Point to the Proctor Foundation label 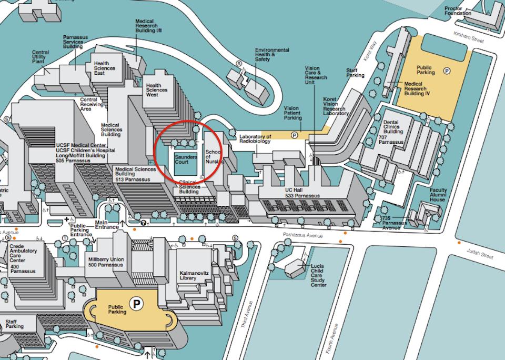click(x=458, y=11)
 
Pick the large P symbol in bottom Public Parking click(x=137, y=303)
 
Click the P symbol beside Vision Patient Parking click(x=295, y=135)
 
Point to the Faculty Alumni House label click(x=438, y=195)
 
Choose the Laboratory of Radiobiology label click(x=255, y=138)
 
